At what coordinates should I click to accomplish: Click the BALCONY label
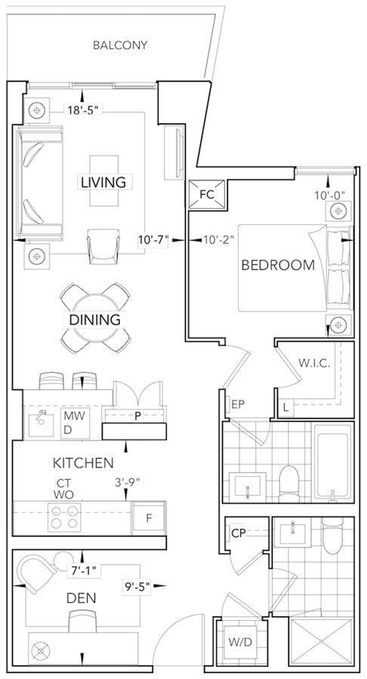point(120,45)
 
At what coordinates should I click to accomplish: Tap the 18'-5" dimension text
point(84,110)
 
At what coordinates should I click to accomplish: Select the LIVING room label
point(103,182)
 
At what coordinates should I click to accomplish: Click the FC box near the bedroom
point(207,194)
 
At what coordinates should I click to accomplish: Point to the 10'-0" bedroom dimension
point(330,195)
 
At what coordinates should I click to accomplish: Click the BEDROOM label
point(278,265)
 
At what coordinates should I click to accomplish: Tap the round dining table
point(95,318)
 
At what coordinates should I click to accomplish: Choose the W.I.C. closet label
point(314,362)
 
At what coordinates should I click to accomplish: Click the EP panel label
point(238,404)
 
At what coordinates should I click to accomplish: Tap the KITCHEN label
point(83,463)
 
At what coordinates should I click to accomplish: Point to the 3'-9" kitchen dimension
point(126,481)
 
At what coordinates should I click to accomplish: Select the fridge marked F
point(149,518)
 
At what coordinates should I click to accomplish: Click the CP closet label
point(239,533)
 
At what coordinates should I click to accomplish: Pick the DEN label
point(81,598)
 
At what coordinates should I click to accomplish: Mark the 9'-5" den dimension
point(136,587)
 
